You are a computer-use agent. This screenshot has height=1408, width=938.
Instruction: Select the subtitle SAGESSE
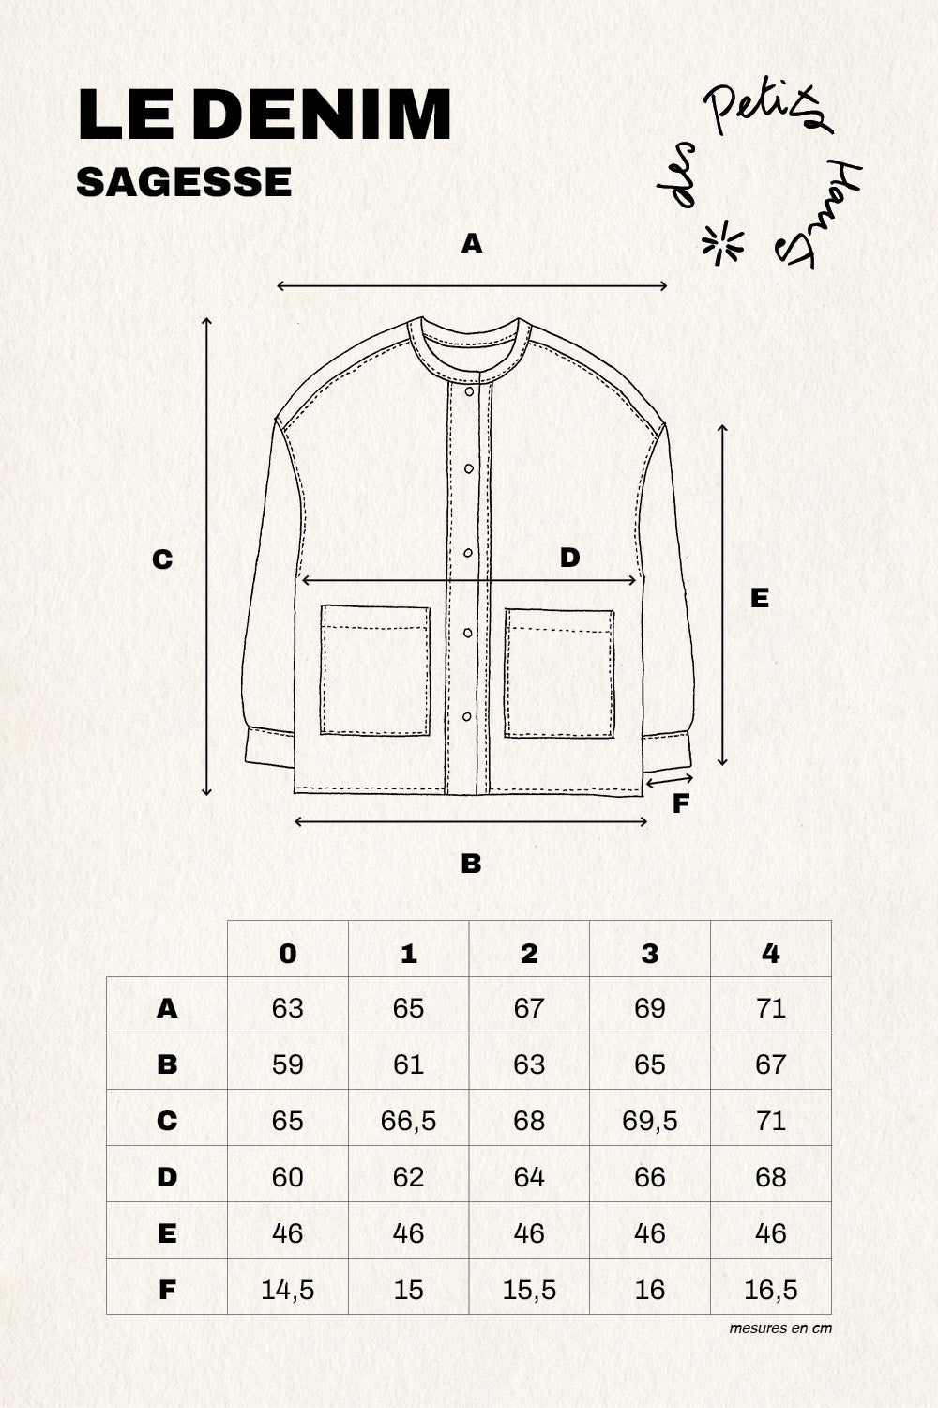(x=184, y=182)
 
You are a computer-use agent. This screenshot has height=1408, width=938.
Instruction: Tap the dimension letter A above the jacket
(x=472, y=244)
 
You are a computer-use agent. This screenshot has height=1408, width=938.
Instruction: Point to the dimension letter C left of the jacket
(x=162, y=559)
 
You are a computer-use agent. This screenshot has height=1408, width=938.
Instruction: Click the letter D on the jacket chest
(x=569, y=559)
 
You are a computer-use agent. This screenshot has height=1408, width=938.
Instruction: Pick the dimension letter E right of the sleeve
(x=760, y=598)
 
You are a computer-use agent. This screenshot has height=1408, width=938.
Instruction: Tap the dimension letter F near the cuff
(x=682, y=803)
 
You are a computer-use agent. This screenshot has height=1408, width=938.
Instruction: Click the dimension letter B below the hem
(x=471, y=863)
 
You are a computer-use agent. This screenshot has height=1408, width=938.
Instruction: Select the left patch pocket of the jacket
(x=375, y=670)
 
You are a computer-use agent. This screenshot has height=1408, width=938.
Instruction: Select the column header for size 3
(x=650, y=954)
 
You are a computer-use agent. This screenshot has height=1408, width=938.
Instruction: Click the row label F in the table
(x=167, y=1290)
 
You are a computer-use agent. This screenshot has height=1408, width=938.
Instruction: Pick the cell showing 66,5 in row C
(x=409, y=1121)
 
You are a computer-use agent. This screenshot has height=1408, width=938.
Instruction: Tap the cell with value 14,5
(x=288, y=1290)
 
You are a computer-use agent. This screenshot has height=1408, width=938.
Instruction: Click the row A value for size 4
(x=770, y=1008)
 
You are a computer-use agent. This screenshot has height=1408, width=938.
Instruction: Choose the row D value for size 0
(x=288, y=1177)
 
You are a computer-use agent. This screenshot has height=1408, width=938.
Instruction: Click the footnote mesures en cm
(x=780, y=1328)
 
